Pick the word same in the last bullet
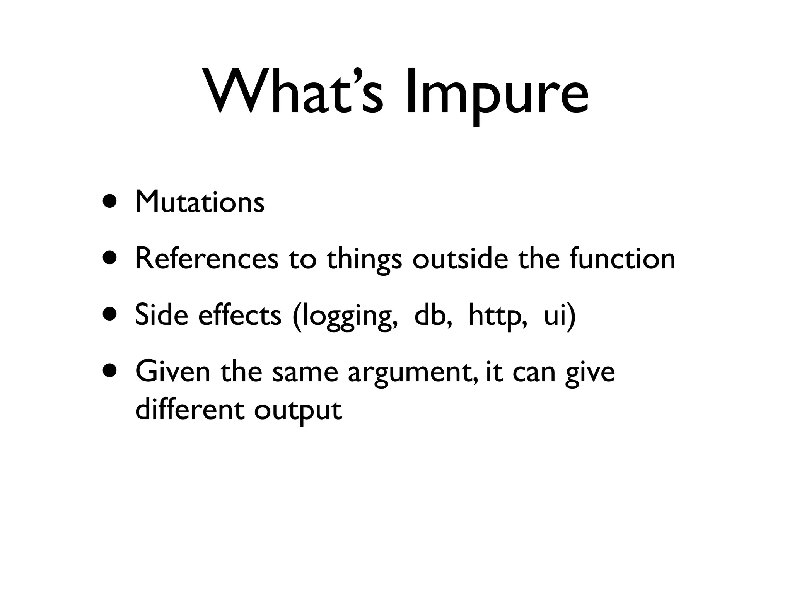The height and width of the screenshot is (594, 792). (305, 372)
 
